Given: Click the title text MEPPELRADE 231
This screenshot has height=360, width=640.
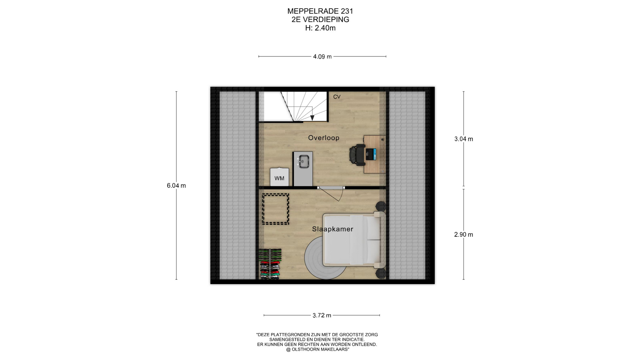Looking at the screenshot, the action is (x=320, y=11).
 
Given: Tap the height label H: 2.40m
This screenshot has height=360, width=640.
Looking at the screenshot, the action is (x=320, y=28).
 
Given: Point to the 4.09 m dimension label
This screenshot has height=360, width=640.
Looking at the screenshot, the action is (x=322, y=57).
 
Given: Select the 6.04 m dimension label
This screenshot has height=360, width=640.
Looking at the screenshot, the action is (x=176, y=186).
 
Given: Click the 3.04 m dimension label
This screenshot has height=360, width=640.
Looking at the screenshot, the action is (x=464, y=139).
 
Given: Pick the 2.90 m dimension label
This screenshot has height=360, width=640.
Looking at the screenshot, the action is (x=464, y=235).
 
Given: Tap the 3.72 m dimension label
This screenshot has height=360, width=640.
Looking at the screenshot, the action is (x=322, y=315).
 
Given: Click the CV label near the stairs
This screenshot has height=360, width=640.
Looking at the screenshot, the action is (x=337, y=97).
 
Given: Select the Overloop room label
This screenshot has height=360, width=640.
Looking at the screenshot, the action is (x=324, y=138).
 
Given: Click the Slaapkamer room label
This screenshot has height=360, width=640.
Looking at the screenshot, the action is (x=333, y=229).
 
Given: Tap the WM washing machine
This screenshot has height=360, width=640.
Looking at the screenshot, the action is (x=279, y=177).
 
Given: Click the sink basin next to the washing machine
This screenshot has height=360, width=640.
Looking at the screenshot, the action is (x=304, y=161).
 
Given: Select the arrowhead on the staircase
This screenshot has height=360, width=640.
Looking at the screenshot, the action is (x=312, y=118).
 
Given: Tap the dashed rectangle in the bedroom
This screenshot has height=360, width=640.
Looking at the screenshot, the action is (x=275, y=209).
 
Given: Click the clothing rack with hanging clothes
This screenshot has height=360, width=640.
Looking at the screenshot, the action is (x=270, y=264).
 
